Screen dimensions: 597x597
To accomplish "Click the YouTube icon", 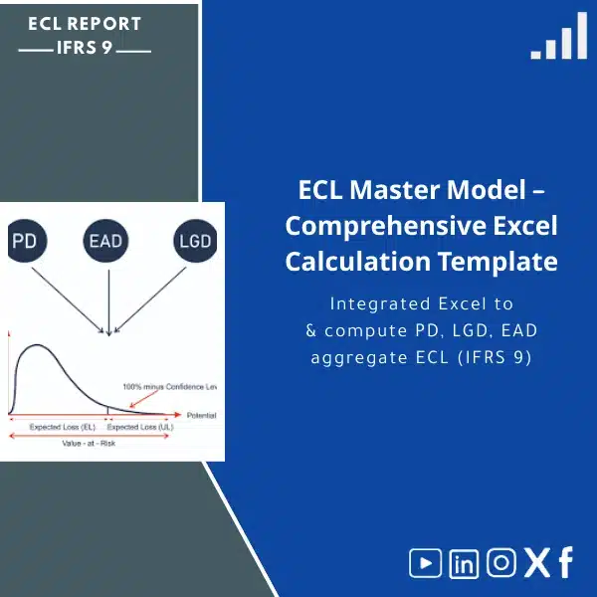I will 425,563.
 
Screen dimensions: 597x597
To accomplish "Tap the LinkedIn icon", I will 464,563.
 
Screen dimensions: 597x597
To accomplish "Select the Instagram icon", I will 501,563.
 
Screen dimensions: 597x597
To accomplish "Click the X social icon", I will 536,563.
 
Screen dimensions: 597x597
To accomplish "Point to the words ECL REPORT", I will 85,23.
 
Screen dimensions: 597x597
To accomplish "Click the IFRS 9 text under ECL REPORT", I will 86,47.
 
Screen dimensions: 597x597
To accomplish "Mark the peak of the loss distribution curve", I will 38,345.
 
